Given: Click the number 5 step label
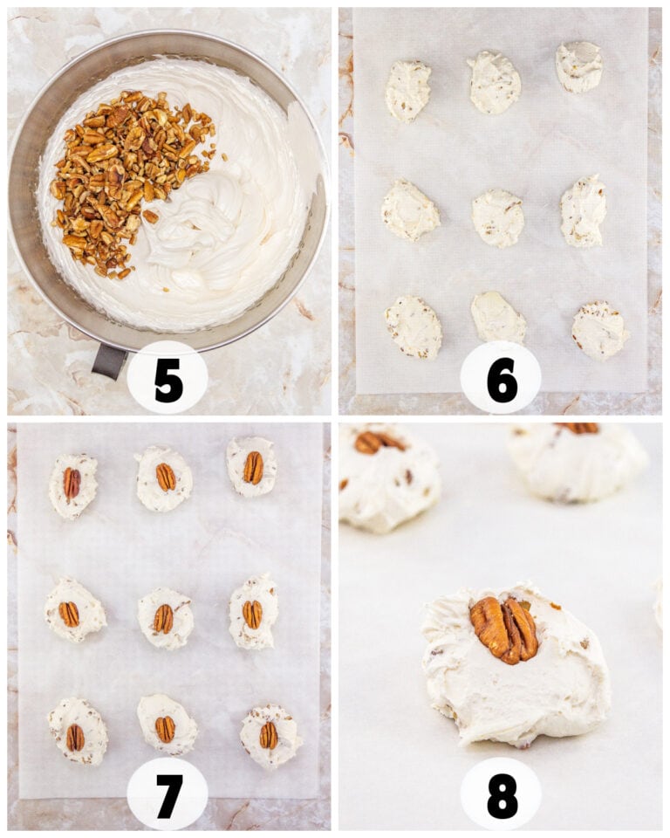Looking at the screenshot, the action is [169, 381].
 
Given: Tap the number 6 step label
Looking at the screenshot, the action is [502, 381].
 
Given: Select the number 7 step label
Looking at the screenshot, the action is [169, 793].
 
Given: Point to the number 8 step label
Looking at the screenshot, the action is [502, 794].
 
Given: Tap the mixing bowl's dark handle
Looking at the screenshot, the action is [110, 361].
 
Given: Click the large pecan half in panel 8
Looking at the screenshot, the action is [505, 629].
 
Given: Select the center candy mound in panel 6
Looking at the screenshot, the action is [497, 217].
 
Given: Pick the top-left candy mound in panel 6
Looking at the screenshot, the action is [407, 90].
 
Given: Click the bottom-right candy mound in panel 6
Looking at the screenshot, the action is [600, 331].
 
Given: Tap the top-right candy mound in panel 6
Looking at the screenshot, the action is [579, 67].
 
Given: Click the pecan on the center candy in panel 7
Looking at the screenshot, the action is [163, 619].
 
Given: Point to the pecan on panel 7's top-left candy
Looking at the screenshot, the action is [72, 483].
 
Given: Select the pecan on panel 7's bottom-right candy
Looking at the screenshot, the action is [268, 735].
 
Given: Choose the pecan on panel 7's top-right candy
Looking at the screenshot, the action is [253, 468].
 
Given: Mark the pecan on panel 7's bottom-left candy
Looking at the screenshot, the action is [75, 738].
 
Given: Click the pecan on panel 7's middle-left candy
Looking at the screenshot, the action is [69, 614].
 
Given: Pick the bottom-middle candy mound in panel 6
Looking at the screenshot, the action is [497, 318].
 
